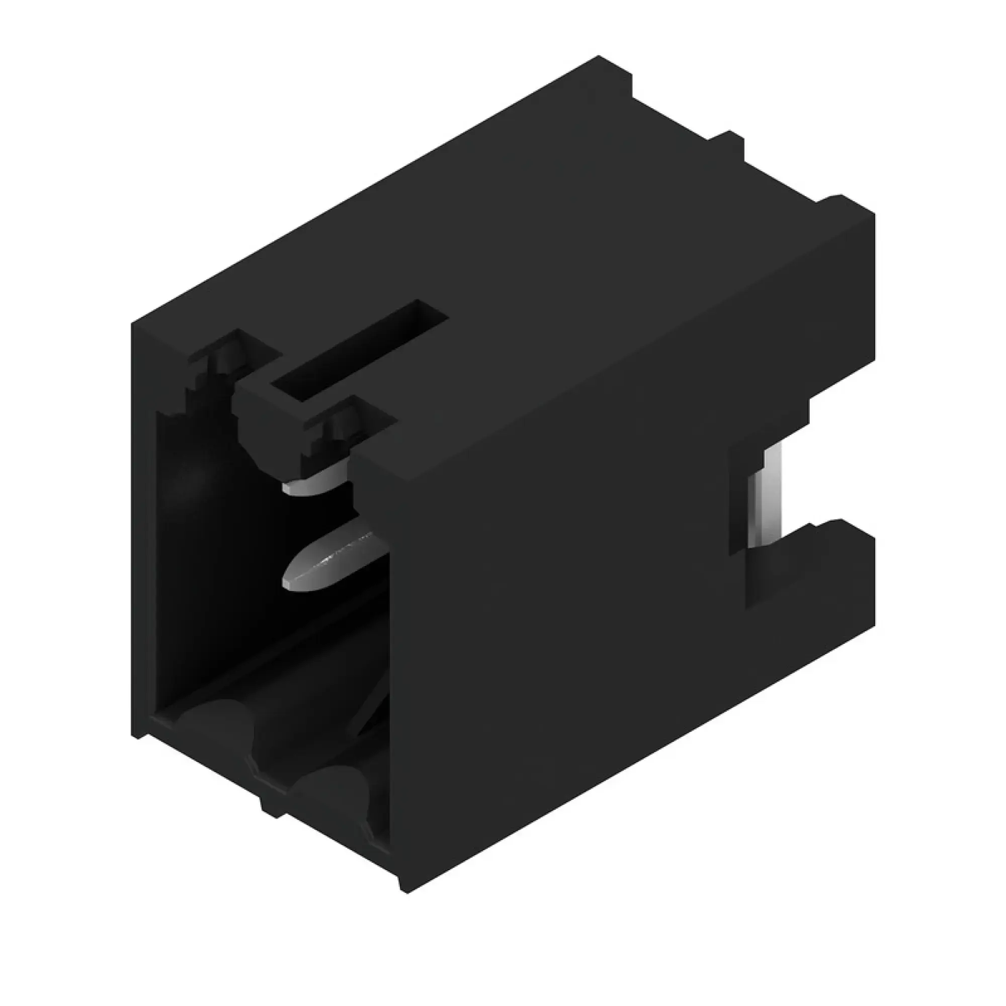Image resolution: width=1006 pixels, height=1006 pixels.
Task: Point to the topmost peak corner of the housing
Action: (x=599, y=57)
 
